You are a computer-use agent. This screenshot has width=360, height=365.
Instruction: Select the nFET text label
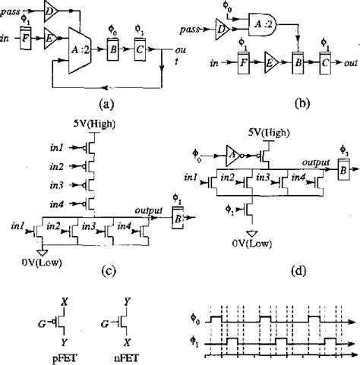(121, 354)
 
